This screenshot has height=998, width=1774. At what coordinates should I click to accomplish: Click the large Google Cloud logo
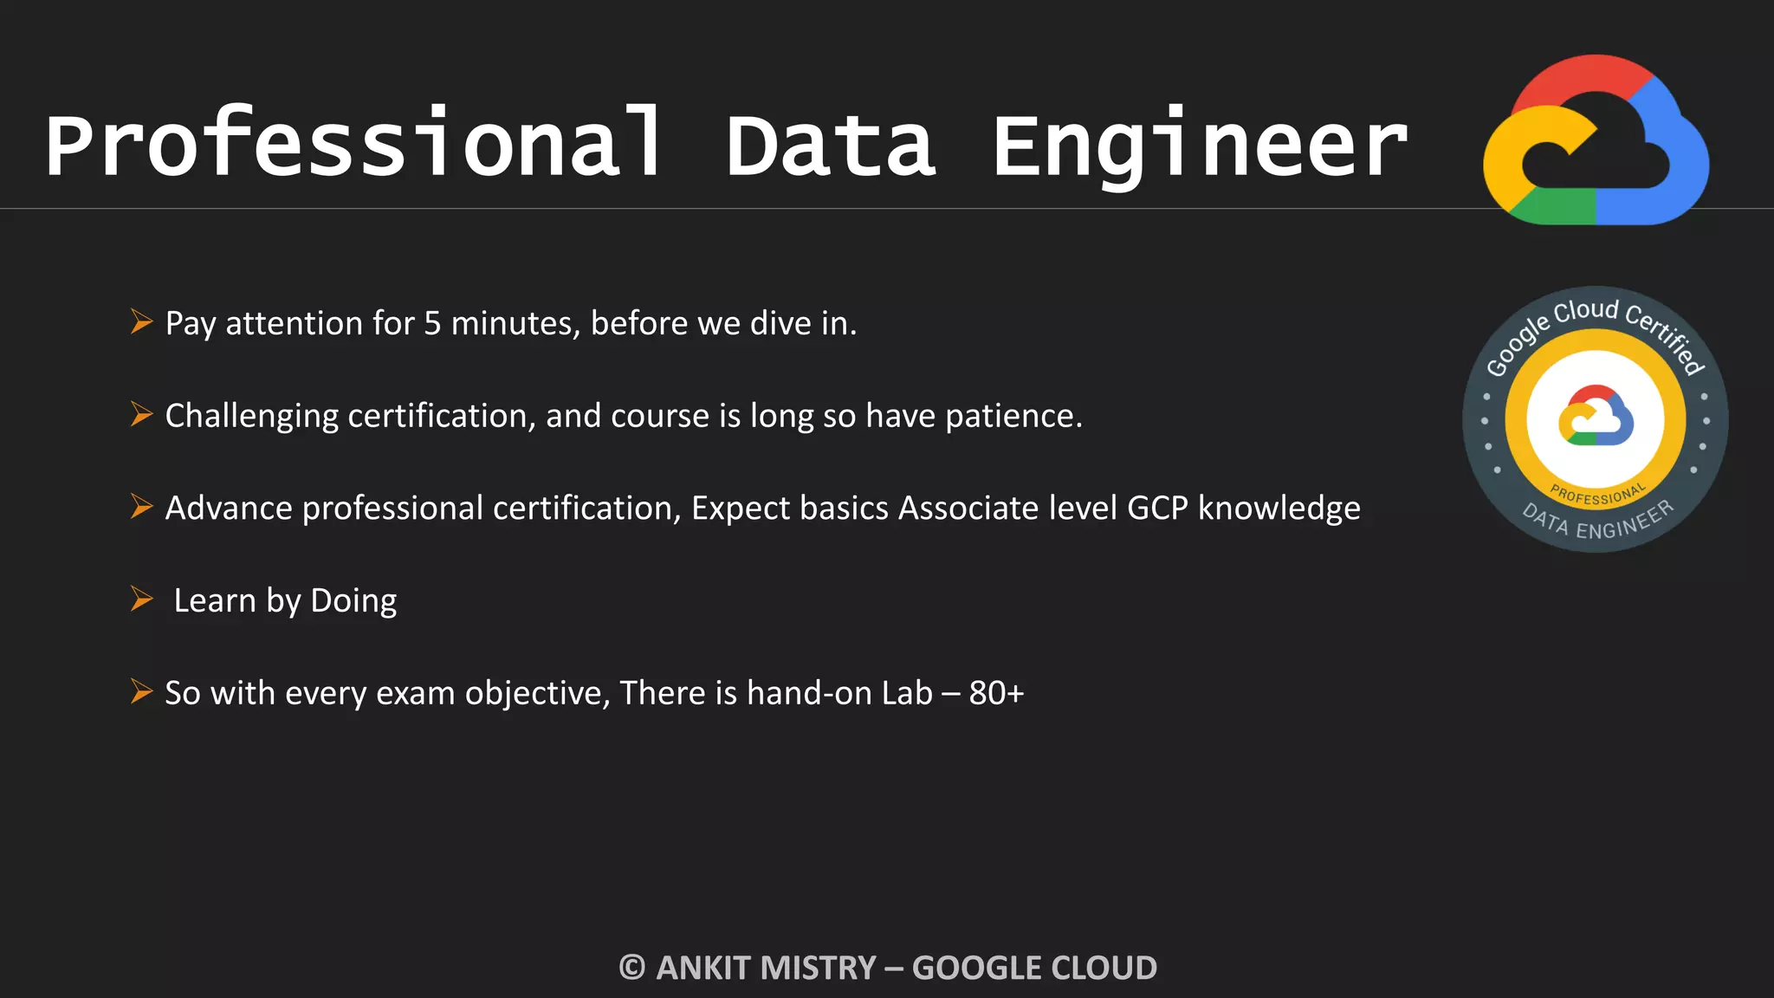[x=1596, y=140]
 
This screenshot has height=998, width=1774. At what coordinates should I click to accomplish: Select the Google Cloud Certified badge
[x=1595, y=419]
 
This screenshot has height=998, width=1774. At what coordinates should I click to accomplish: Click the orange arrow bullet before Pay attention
[x=141, y=321]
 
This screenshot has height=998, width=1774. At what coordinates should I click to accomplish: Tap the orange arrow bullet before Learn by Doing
[x=141, y=599]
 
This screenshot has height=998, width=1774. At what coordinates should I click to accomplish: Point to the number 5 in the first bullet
[x=431, y=324]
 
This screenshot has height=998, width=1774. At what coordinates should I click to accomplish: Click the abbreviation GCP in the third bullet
[x=1157, y=509]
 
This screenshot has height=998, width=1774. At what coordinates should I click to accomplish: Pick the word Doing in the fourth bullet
[x=353, y=601]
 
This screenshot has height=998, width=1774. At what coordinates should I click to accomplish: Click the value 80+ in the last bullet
[x=996, y=694]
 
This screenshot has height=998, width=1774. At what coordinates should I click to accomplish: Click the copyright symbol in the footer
[x=632, y=968]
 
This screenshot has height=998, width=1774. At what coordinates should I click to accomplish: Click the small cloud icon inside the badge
[x=1596, y=416]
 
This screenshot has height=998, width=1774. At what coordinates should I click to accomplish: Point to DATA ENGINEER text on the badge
[x=1598, y=522]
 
